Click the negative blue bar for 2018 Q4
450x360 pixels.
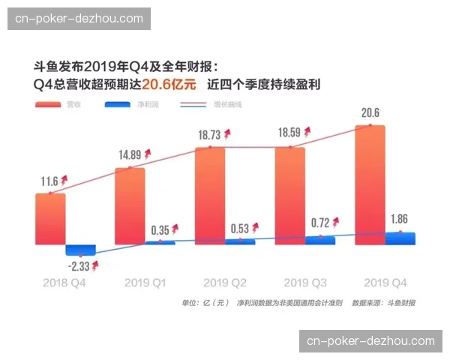tap(80, 250)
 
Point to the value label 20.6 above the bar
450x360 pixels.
tap(370, 113)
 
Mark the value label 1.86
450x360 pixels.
tap(400, 220)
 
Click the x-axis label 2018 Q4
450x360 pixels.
tap(65, 283)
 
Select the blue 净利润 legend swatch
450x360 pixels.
tap(119, 104)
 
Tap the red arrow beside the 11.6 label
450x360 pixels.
tap(64, 180)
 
